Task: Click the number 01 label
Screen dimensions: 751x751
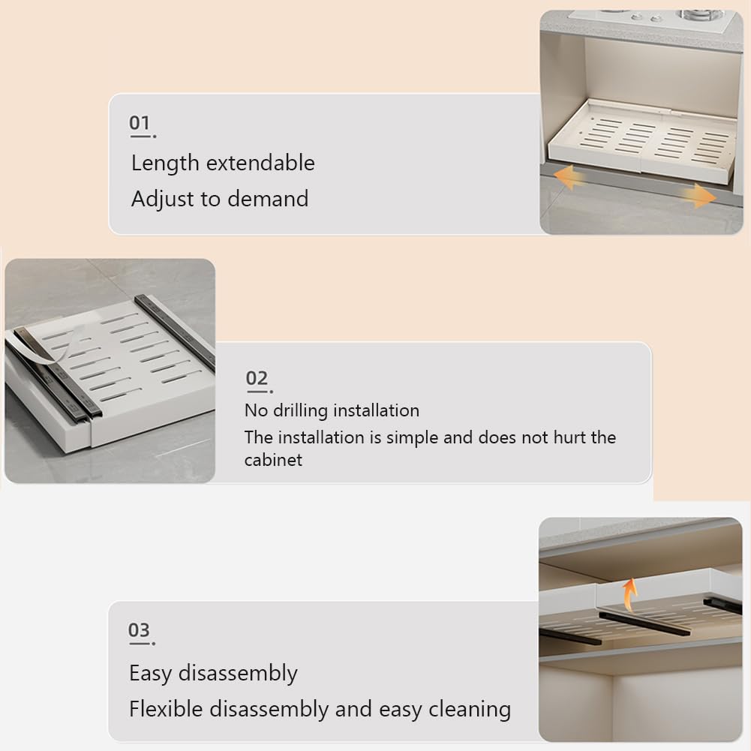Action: [x=140, y=123]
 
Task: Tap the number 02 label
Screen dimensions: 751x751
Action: [x=257, y=378]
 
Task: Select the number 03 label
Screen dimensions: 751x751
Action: [x=139, y=630]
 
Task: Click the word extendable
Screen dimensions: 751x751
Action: [x=260, y=163]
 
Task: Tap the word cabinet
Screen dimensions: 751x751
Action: [x=273, y=460]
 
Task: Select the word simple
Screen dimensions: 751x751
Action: [x=412, y=437]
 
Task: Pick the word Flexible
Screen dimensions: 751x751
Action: [x=167, y=709]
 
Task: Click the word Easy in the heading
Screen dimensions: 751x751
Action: [x=151, y=674]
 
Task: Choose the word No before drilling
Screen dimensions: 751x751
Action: [x=256, y=410]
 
